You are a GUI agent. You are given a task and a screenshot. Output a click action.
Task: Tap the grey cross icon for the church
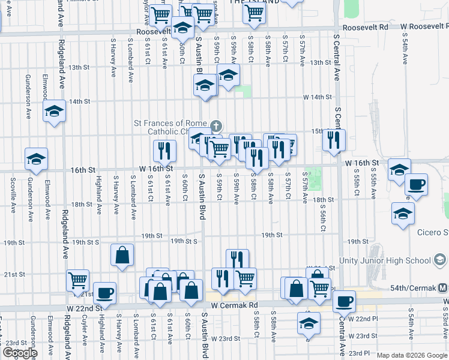click(217, 126)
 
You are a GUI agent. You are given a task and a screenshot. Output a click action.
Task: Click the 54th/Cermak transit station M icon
click(443, 287)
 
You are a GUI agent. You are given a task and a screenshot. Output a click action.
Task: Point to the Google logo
click(20, 353)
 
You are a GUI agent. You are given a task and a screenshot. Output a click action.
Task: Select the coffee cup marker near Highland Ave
click(105, 293)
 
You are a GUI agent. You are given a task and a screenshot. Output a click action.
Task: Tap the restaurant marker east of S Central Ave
click(334, 140)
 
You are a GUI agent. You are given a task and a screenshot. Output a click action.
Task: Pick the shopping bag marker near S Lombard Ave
click(122, 255)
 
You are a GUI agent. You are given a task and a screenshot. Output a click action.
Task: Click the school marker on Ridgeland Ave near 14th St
click(54, 111)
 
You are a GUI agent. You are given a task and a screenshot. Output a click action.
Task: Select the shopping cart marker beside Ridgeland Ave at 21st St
click(78, 280)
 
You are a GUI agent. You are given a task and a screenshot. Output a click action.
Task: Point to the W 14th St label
click(318, 97)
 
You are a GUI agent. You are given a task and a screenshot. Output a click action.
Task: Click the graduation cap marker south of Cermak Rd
click(309, 323)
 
